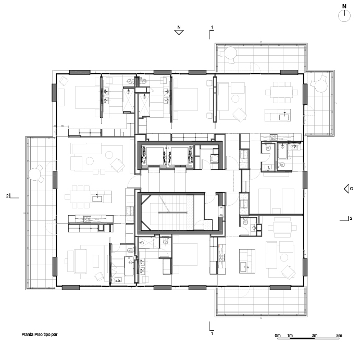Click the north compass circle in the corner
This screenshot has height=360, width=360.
[x=344, y=16]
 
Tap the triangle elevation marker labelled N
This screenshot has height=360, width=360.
[x=179, y=32]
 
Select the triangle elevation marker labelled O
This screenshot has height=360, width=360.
[x=346, y=189]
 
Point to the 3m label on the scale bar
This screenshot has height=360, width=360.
[x=315, y=336]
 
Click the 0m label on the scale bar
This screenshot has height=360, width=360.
[x=278, y=336]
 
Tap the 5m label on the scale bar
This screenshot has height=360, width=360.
[x=339, y=336]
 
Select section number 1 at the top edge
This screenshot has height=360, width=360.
[x=212, y=27]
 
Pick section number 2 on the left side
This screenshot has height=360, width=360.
[x=7, y=196]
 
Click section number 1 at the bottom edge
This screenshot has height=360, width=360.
[x=212, y=333]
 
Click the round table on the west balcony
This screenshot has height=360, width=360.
[x=35, y=174]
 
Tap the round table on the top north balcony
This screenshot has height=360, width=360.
[x=230, y=53]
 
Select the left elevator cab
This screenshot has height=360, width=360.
[x=154, y=156]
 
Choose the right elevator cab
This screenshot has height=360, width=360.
[x=179, y=156]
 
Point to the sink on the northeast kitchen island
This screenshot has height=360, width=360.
[x=284, y=117]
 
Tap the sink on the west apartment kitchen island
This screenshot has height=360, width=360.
[x=97, y=198]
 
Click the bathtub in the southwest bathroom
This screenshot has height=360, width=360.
[x=129, y=266]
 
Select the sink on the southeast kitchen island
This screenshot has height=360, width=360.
[x=245, y=267]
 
